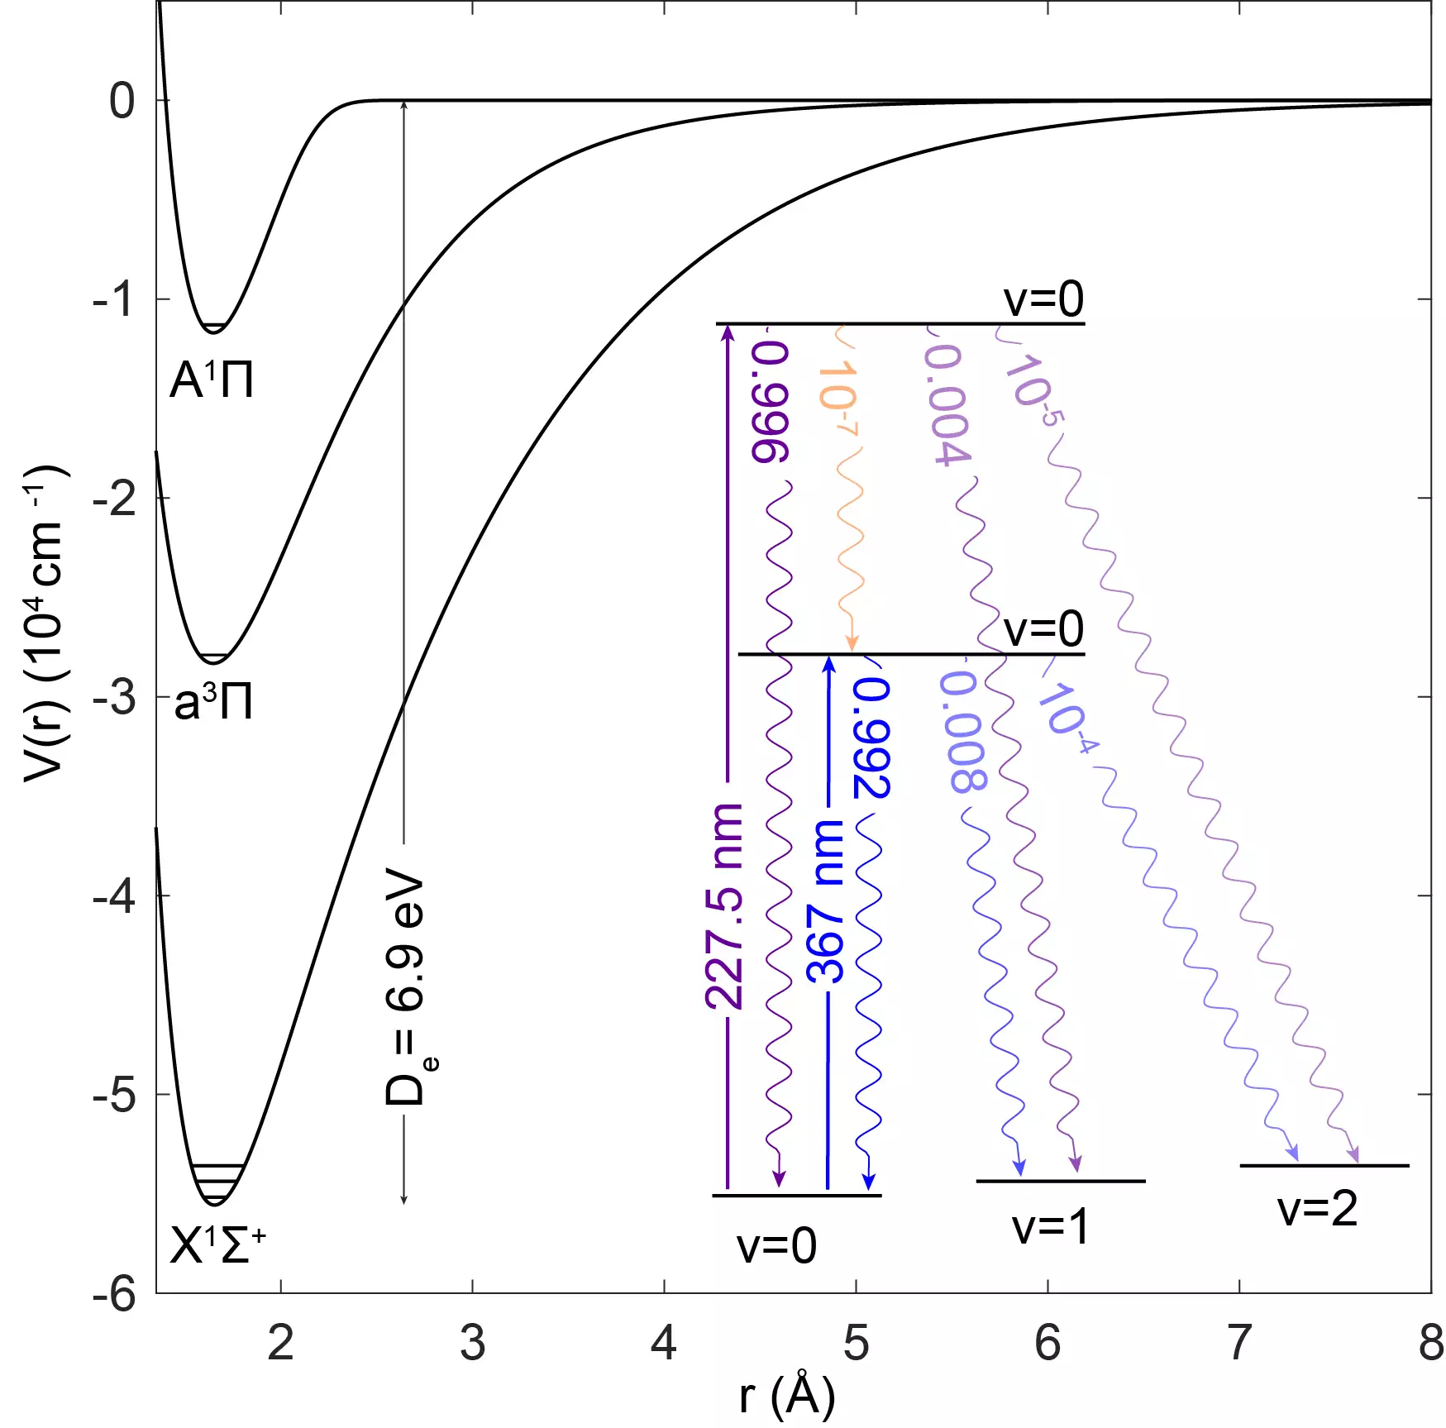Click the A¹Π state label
[x=212, y=381]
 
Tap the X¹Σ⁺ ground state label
[x=217, y=1245]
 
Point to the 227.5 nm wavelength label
[x=724, y=906]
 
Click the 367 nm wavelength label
[x=825, y=902]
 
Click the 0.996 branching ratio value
[x=771, y=403]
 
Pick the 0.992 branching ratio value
[x=872, y=738]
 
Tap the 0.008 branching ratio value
[x=963, y=731]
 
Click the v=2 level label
[x=1317, y=1209]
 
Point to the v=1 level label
[x=1050, y=1227]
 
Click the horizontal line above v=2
[x=1324, y=1165]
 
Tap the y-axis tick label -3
[x=115, y=698]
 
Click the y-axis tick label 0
[x=122, y=102]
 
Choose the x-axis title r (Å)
[x=786, y=1396]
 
